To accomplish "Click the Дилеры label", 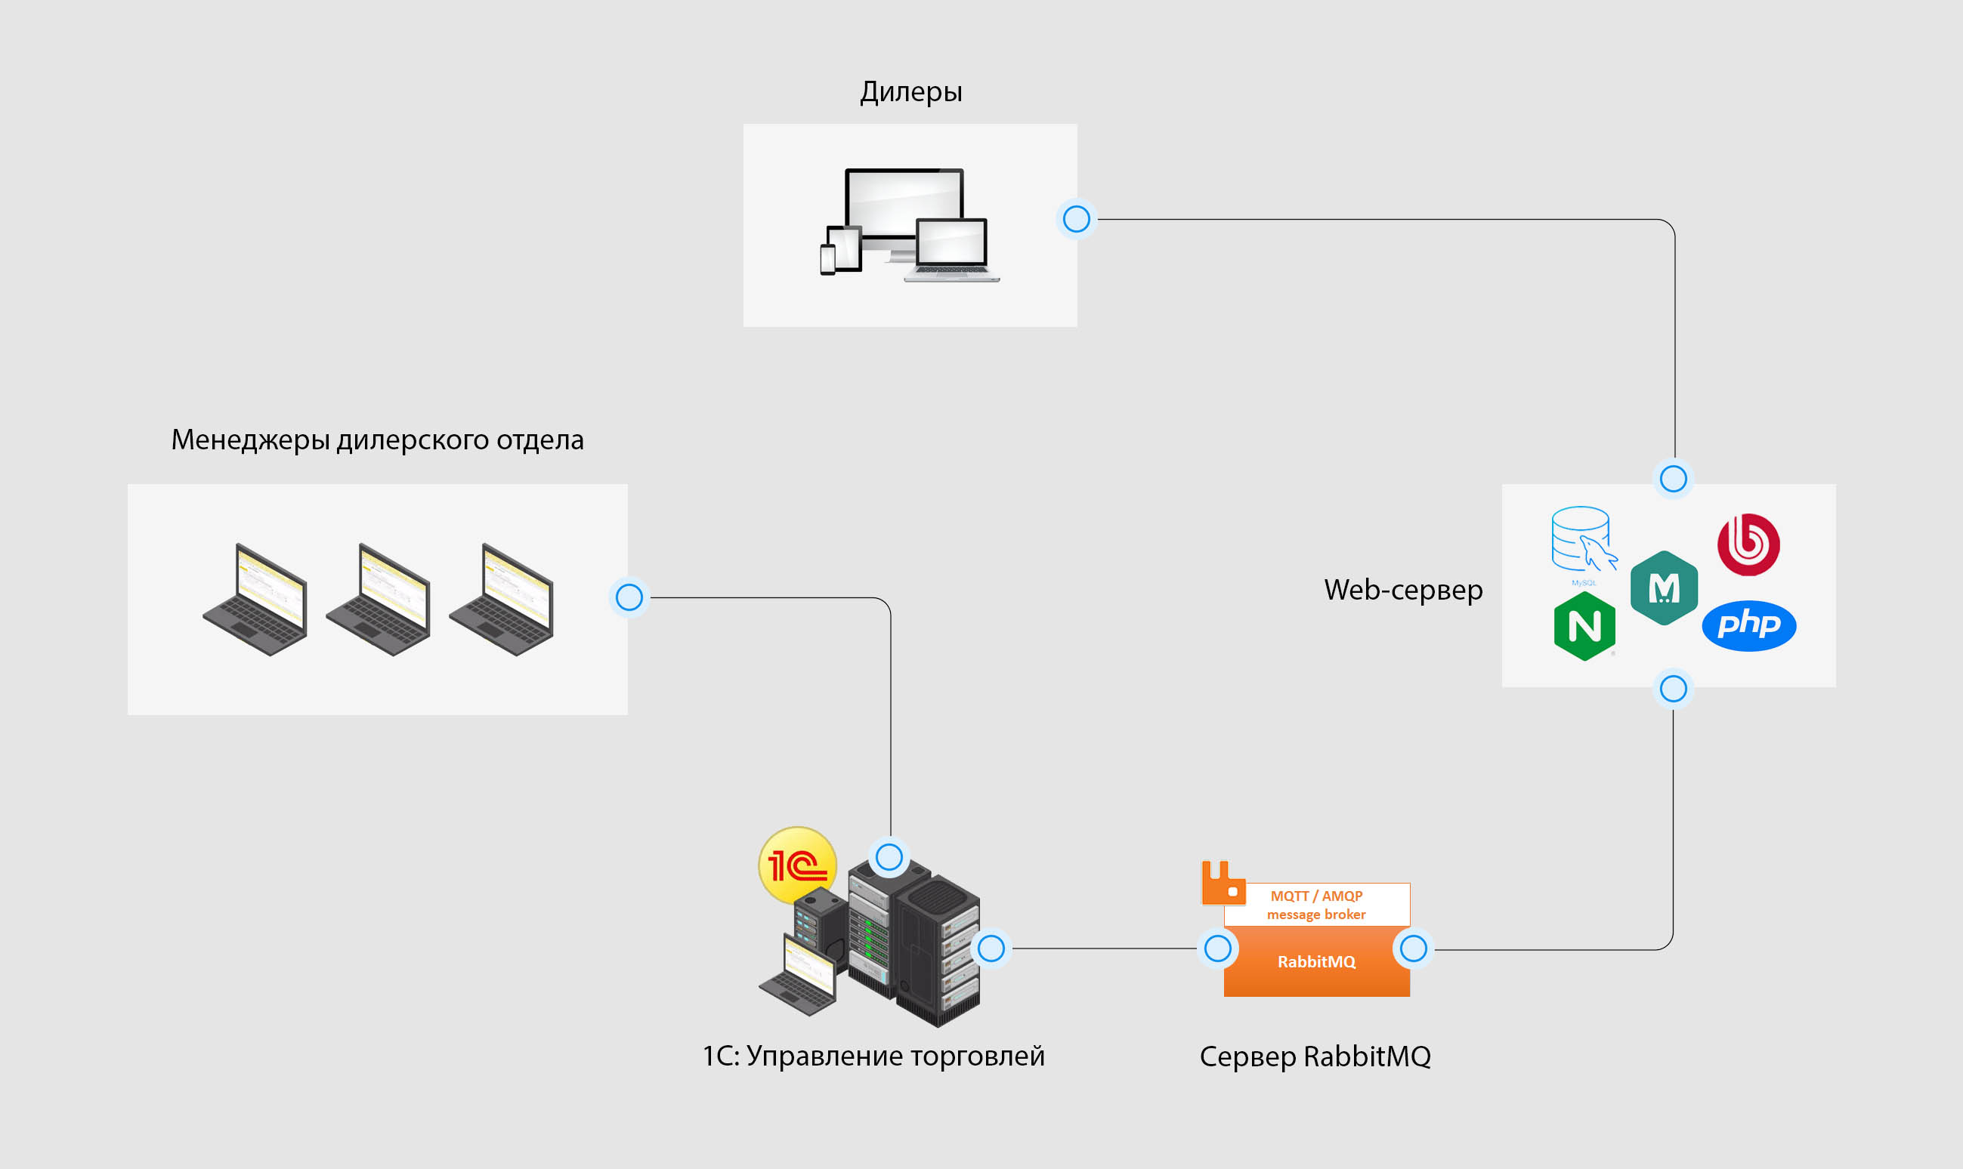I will pos(911,92).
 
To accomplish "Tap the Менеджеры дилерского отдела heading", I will pos(378,440).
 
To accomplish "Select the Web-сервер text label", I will pos(1402,589).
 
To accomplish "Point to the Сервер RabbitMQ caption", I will pos(1315,1056).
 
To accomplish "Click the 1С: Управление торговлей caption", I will pos(873,1056).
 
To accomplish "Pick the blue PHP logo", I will pos(1748,625).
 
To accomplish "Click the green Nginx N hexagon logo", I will pos(1584,626).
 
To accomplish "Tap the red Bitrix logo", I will pos(1748,544).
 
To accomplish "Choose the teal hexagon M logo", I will pos(1664,588).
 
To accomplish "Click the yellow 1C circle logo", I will pos(797,865).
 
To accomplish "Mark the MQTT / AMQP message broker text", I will pos(1316,905).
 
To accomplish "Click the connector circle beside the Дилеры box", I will pos(1077,219).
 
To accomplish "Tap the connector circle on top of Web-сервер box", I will pos(1673,478).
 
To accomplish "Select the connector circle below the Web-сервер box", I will pos(1673,689).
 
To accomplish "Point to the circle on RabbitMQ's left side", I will pos(1217,948).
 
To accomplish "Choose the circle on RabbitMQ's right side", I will pos(1414,948).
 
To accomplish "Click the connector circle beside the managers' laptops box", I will pos(629,597).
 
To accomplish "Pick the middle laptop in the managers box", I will pos(379,600).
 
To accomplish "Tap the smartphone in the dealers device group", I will pos(827,260).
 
